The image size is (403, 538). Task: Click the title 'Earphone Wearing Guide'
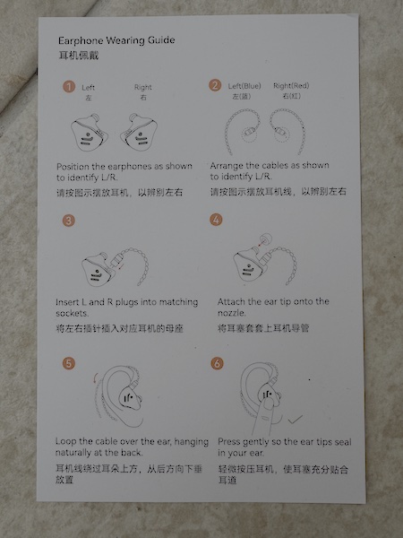tap(116, 40)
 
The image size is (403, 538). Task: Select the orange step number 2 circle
tap(215, 85)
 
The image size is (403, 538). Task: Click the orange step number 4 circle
tap(215, 219)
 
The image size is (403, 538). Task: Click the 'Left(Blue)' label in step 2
tap(244, 85)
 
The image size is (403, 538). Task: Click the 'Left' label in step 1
tap(88, 88)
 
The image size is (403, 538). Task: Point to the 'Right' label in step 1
tap(143, 88)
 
